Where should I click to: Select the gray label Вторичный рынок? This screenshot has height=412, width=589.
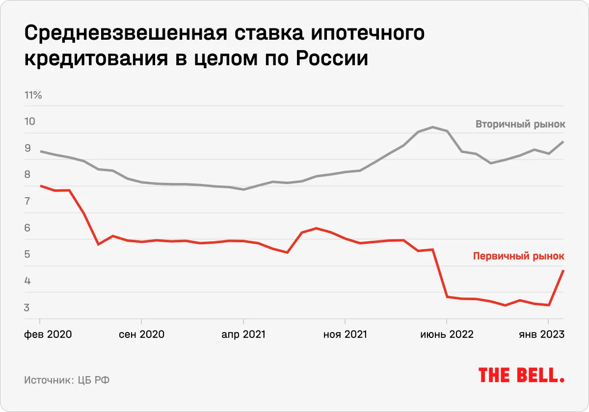pos(520,125)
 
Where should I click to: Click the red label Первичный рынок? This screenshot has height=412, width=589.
pos(518,256)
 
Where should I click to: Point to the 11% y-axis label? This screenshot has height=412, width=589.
pos(33,95)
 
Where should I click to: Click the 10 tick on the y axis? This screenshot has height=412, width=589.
pos(30,122)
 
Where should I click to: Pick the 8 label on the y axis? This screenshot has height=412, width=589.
pos(27,175)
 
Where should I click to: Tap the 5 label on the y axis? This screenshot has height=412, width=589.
pos(27,255)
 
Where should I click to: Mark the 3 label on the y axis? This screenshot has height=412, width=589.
pos(27,308)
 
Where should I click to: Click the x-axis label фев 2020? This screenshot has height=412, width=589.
pos(48,335)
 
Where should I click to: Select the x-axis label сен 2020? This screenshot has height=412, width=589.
pos(142,335)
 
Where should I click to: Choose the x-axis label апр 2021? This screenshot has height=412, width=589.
pos(243,335)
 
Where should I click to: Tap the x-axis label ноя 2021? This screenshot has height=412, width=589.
pos(345,335)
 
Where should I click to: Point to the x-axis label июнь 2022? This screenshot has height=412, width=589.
pos(447,335)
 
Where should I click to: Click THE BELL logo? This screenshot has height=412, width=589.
pos(521,375)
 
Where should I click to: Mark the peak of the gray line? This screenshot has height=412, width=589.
pos(432,127)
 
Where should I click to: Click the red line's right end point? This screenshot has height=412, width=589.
pos(563,270)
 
